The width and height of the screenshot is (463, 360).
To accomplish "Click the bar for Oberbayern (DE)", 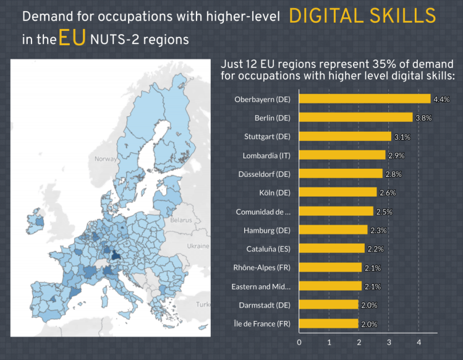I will [365, 99].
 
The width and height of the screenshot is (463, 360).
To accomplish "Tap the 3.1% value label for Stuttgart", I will [402, 137].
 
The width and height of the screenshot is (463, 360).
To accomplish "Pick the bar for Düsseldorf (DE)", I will [341, 174].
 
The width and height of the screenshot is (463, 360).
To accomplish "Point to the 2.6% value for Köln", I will [387, 193].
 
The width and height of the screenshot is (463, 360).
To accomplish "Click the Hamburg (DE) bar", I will [333, 230].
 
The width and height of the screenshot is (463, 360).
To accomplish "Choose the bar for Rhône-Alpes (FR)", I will [330, 268].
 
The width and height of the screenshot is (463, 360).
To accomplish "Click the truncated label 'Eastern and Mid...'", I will [261, 286].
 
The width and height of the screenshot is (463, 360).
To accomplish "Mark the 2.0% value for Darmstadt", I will [369, 306].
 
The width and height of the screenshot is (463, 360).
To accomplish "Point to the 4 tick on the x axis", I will [418, 342].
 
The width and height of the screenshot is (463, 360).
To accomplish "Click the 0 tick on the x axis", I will [299, 342].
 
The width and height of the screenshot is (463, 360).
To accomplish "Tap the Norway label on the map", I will [105, 159].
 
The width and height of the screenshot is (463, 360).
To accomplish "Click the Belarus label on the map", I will [182, 220].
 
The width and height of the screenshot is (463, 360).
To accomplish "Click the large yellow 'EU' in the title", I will [72, 40].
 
